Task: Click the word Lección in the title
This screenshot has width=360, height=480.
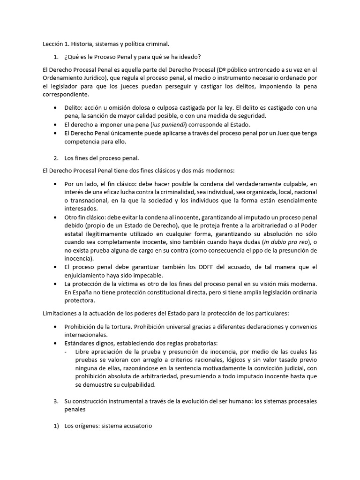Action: pos(52,44)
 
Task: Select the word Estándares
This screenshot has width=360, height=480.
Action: pos(82,343)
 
